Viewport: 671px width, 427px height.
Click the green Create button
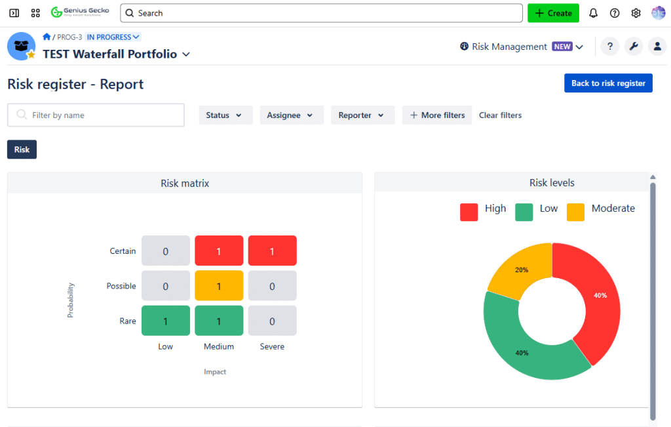point(553,13)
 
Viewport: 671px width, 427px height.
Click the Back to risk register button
point(608,83)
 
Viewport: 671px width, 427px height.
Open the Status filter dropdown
point(224,115)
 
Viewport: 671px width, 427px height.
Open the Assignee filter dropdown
point(292,115)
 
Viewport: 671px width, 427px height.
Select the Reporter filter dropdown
point(362,115)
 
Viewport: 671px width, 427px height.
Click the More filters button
point(437,115)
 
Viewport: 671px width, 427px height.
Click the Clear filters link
point(500,115)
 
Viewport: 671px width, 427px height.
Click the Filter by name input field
point(96,115)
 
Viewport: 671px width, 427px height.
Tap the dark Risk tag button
point(22,150)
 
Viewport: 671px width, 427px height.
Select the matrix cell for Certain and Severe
point(272,251)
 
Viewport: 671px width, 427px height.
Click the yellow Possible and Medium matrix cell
point(219,286)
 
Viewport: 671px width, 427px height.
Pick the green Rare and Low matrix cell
point(166,321)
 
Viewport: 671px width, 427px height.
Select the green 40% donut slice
point(524,348)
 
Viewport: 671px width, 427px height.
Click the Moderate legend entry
point(601,209)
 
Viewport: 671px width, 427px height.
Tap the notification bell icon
point(594,13)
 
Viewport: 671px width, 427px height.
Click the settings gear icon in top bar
point(636,13)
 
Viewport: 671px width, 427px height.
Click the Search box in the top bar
point(321,13)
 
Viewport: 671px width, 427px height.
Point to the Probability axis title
point(71,300)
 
